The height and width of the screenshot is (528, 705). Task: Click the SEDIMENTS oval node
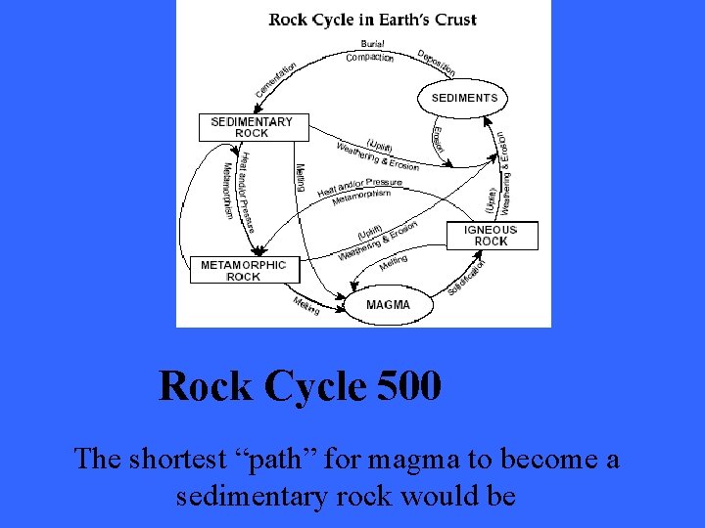pos(464,98)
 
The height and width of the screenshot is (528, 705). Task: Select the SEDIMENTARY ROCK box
pos(252,127)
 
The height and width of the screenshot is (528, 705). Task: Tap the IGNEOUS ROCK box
pos(492,236)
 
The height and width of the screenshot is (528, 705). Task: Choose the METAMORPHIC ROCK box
pos(244,270)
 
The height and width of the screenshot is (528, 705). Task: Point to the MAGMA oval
pos(388,305)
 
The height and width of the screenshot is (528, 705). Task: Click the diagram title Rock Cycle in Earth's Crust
pos(372,20)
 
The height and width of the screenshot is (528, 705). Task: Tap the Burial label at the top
pos(372,44)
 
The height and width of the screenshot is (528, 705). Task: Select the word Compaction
pos(369,57)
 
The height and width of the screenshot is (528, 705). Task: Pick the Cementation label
pos(277,80)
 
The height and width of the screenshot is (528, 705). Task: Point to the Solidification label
pos(467,277)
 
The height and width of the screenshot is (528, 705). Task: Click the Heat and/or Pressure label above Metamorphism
pos(359,187)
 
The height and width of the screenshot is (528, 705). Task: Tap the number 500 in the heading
pos(408,386)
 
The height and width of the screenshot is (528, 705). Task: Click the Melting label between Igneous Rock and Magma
pos(393,262)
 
